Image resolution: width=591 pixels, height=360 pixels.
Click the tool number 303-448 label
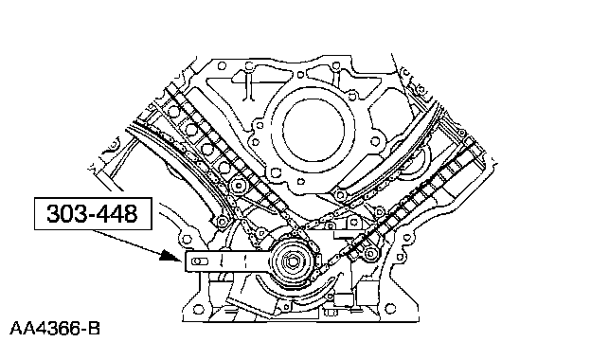pos(93,213)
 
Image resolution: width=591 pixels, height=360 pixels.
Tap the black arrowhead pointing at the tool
pos(171,256)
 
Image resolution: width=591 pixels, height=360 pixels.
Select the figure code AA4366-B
pos(55,329)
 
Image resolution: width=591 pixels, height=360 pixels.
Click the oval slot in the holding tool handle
pos(200,261)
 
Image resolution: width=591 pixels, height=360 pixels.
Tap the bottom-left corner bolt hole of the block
pos(198,309)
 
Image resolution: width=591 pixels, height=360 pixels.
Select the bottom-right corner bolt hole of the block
pos(391,309)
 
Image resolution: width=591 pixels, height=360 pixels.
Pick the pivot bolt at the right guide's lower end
pos(340,195)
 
